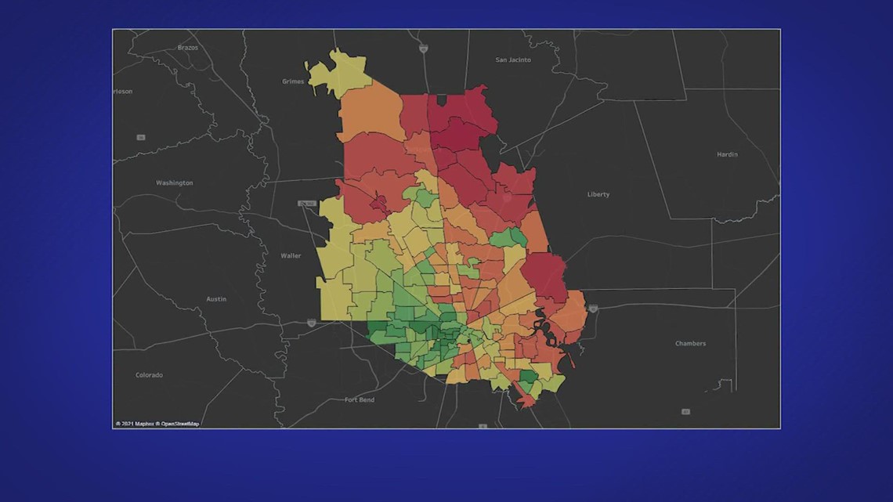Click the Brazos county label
coord(187,48)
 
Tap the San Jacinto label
coord(513,60)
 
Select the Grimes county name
coord(292,81)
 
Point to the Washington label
coord(174,183)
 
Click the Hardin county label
coord(727,154)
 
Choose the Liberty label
coord(598,194)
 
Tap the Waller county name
coord(291,256)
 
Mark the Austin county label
coord(216,299)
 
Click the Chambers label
coord(690,344)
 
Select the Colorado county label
coord(149,375)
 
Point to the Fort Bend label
coord(360,400)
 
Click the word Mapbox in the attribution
coord(143,424)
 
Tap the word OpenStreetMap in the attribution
coord(180,424)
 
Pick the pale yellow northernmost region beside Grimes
coord(339,73)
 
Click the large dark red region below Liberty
coord(544,276)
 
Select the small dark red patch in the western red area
coord(378,203)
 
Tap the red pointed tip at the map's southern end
coord(527,402)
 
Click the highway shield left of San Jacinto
coord(423,49)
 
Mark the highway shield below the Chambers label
coord(685,411)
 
